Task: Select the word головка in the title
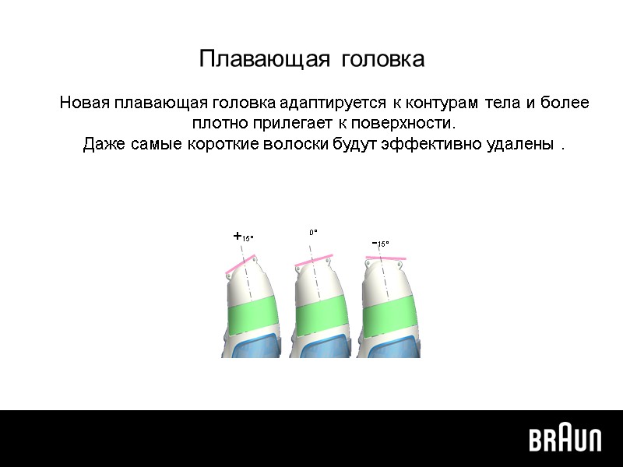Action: (x=382, y=60)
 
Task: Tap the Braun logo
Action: (x=565, y=439)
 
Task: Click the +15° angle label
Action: (x=244, y=237)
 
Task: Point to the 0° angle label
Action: (x=313, y=232)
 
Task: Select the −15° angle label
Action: (x=380, y=244)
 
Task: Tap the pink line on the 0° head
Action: (x=315, y=260)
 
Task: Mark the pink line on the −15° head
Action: (x=384, y=257)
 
